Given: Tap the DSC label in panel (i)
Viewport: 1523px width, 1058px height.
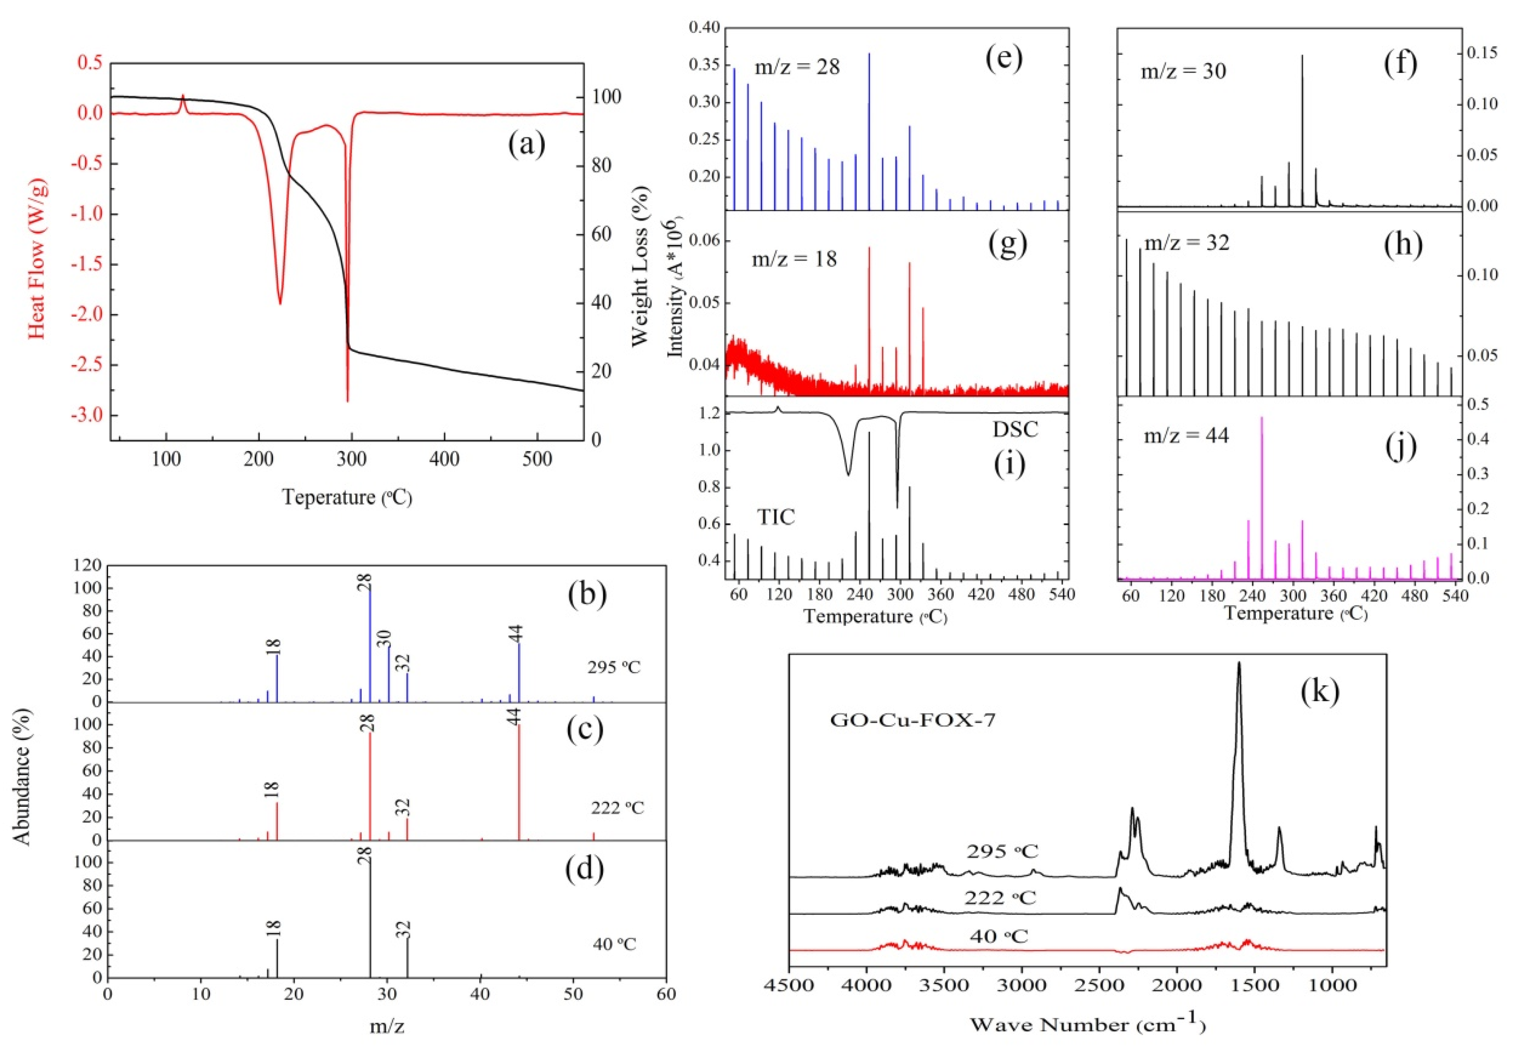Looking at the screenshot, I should [x=1015, y=430].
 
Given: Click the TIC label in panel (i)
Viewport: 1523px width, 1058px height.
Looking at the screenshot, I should [x=776, y=517].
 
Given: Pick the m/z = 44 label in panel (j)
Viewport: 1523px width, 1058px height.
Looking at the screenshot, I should [x=1186, y=435].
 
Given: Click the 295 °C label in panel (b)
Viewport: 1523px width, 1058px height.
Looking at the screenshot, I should [x=614, y=668].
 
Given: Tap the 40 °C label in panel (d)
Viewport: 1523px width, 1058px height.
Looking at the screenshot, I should [x=615, y=943].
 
